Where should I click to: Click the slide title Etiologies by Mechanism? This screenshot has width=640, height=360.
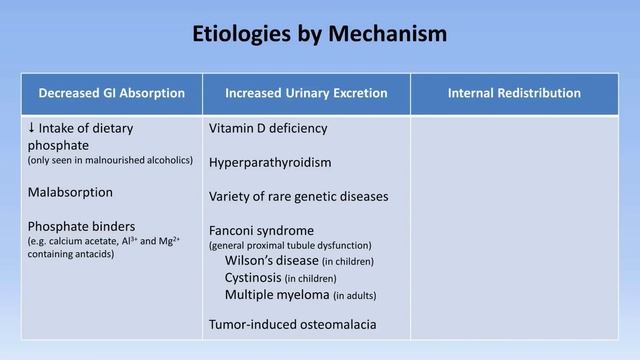[x=320, y=34]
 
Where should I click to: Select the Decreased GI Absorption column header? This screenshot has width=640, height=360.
[x=111, y=93]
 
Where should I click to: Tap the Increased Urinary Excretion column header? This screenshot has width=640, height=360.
[x=306, y=93]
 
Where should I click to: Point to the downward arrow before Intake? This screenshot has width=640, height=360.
[x=33, y=129]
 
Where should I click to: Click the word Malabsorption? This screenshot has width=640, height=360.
[x=70, y=191]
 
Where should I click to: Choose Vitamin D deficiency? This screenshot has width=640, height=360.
[x=268, y=129]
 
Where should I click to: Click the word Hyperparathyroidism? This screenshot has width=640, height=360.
[x=270, y=161]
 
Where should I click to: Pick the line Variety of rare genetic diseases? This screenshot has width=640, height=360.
[x=298, y=195]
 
